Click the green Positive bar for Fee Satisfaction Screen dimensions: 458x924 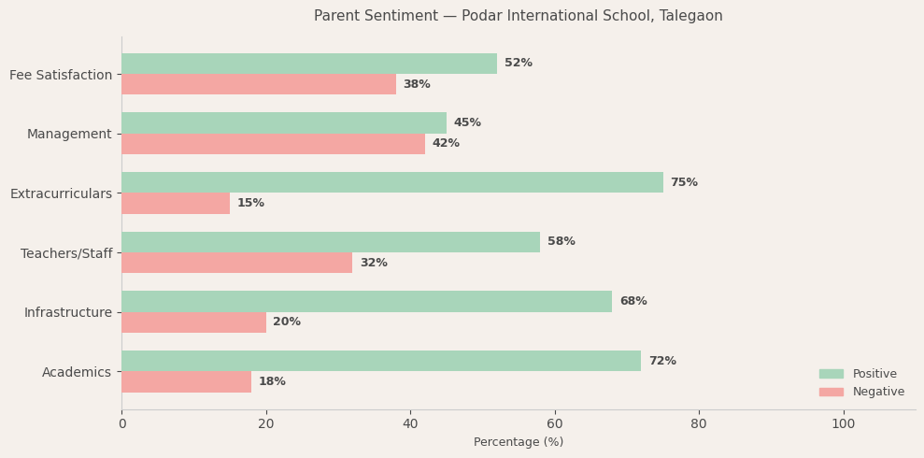pyautogui.click(x=308, y=64)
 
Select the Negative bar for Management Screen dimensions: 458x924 pyautogui.click(x=273, y=144)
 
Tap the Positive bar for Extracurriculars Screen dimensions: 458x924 pyautogui.click(x=391, y=182)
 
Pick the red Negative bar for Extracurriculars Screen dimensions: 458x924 pyautogui.click(x=176, y=204)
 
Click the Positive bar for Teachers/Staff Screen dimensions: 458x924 pyautogui.click(x=330, y=242)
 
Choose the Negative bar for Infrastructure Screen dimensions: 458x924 pyautogui.click(x=193, y=322)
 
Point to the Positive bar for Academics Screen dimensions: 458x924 pyautogui.click(x=380, y=361)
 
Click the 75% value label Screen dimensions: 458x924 pyautogui.click(x=684, y=182)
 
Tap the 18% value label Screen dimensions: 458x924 pyautogui.click(x=272, y=382)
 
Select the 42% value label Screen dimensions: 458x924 pyautogui.click(x=446, y=144)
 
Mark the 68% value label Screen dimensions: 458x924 pyautogui.click(x=633, y=302)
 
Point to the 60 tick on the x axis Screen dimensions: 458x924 pyautogui.click(x=555, y=424)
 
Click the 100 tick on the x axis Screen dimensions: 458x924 pyautogui.click(x=843, y=424)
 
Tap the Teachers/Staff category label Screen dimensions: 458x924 pyautogui.click(x=66, y=254)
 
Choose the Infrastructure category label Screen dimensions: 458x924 pyautogui.click(x=68, y=313)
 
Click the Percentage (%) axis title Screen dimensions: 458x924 pyautogui.click(x=519, y=442)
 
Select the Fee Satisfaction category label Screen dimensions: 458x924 pyautogui.click(x=61, y=75)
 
